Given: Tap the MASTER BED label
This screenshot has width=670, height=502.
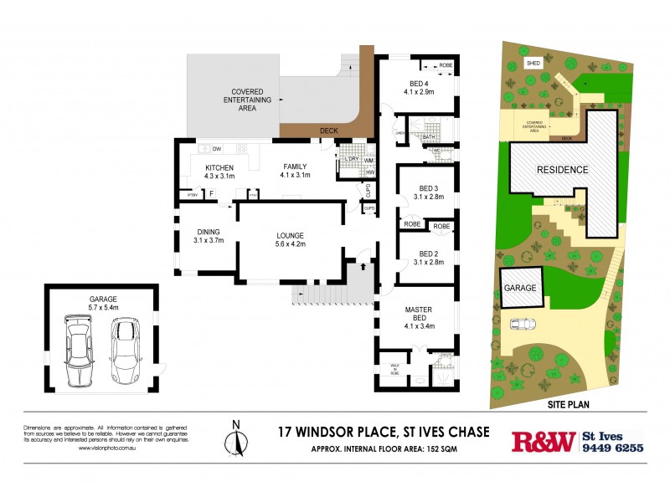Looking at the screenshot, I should [x=418, y=315].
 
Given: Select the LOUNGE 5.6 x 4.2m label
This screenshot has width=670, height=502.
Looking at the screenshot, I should [x=291, y=240].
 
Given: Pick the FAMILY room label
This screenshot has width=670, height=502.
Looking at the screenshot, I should [x=296, y=170].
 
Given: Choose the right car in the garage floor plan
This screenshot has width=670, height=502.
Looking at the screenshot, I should [x=125, y=351].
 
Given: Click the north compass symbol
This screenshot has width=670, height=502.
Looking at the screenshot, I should [x=237, y=438].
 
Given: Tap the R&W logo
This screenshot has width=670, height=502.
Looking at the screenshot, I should [x=544, y=441].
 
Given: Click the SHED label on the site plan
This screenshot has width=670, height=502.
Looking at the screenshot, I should [x=533, y=63].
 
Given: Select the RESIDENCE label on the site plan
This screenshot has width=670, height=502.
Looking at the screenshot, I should [x=563, y=170].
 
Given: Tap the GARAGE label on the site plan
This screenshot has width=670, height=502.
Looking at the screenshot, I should [x=519, y=287].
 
